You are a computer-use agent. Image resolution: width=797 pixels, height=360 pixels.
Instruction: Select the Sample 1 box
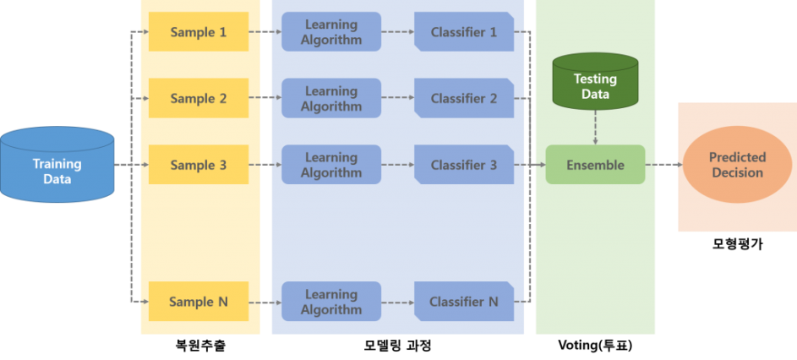pyautogui.click(x=199, y=32)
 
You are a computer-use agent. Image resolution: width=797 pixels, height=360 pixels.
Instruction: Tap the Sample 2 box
pyautogui.click(x=199, y=98)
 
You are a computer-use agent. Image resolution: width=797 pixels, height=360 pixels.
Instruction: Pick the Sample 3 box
pyautogui.click(x=199, y=165)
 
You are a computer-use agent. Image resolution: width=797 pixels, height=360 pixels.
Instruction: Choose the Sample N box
pyautogui.click(x=199, y=301)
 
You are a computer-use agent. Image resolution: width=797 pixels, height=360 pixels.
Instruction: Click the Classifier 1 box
pyautogui.click(x=464, y=32)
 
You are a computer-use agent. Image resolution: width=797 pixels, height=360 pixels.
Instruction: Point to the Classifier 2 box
pyautogui.click(x=464, y=98)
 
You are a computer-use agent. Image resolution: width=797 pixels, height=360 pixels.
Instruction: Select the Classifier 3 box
pyautogui.click(x=464, y=165)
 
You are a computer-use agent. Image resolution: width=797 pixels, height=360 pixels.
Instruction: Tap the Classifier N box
pyautogui.click(x=464, y=301)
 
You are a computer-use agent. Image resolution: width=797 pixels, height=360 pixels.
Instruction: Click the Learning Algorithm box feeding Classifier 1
pyautogui.click(x=331, y=32)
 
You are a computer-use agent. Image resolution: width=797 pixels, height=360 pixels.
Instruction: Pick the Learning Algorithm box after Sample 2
pyautogui.click(x=331, y=98)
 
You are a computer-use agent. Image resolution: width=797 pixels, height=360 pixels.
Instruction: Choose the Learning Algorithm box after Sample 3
pyautogui.click(x=331, y=165)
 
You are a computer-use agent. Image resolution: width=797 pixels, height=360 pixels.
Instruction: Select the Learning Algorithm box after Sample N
pyautogui.click(x=331, y=301)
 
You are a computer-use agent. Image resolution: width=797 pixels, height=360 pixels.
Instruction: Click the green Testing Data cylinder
pyautogui.click(x=595, y=83)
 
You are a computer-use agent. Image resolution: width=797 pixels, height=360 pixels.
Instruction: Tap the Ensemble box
pyautogui.click(x=595, y=165)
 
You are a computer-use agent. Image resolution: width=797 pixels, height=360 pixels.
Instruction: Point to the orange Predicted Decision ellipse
pyautogui.click(x=737, y=165)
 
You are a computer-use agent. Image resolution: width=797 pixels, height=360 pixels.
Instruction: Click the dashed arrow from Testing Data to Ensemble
pyautogui.click(x=595, y=127)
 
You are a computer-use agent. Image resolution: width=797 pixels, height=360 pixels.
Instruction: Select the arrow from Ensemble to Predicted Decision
pyautogui.click(x=663, y=165)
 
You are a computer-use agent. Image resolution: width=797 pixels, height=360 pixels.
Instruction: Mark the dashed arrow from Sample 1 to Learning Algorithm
pyautogui.click(x=265, y=32)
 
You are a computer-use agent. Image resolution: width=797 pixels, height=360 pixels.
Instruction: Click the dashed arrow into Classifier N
pyautogui.click(x=397, y=301)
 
